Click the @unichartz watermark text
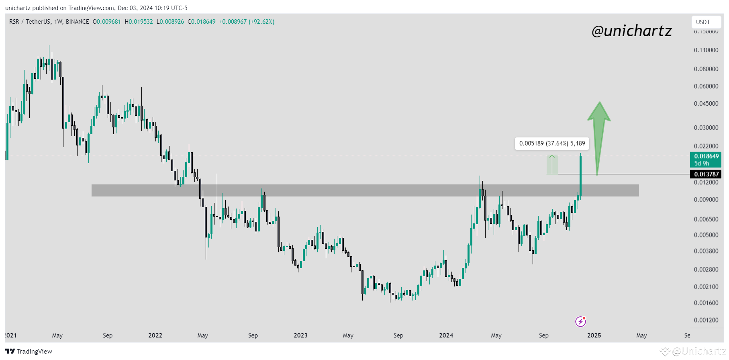tap(631, 31)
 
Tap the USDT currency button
tap(703, 22)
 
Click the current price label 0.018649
tap(706, 156)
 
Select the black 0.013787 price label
tap(706, 174)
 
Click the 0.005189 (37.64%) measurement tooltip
tap(552, 143)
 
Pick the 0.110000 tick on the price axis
tap(706, 50)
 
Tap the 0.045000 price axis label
tap(706, 104)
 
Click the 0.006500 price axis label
tap(706, 219)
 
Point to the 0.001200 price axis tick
tap(706, 320)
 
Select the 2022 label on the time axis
tap(155, 335)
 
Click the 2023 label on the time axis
tap(300, 335)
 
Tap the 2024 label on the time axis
tap(446, 335)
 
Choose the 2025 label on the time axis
tap(594, 335)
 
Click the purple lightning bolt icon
tap(580, 321)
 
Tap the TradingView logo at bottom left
tap(29, 352)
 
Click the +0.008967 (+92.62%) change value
tap(247, 22)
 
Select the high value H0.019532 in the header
tap(139, 22)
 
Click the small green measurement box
tap(552, 165)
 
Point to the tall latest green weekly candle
tap(580, 176)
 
